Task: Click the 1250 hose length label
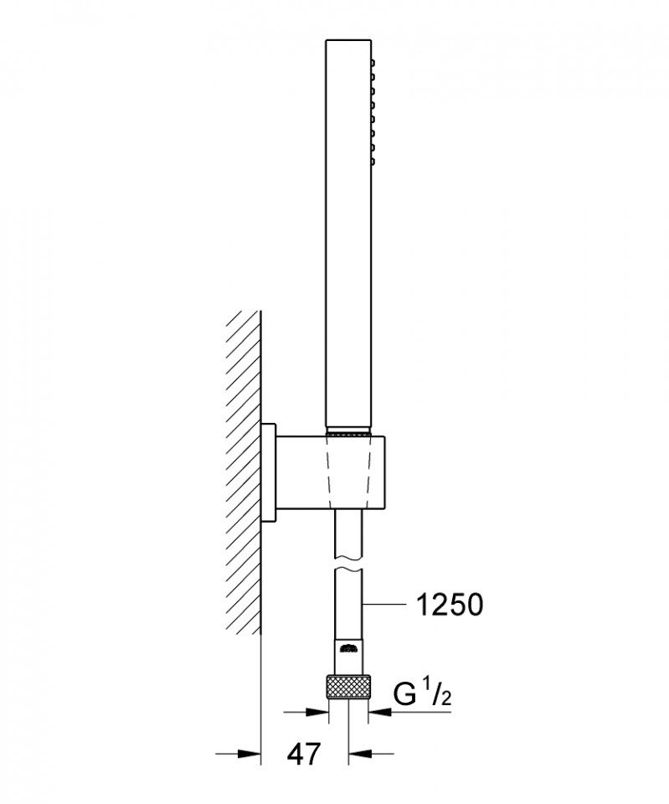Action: [449, 605]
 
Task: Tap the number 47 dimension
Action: [303, 755]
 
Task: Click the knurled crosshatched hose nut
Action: [347, 686]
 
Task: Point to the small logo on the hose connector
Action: [348, 650]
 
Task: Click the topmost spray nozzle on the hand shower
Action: [373, 63]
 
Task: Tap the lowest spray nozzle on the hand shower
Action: [373, 162]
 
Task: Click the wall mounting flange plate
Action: [268, 472]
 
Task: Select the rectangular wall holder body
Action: [330, 472]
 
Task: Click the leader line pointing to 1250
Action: [384, 605]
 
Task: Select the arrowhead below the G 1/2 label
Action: [380, 712]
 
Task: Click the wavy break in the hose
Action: [348, 563]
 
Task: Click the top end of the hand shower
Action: [348, 39]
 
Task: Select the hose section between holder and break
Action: [348, 534]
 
